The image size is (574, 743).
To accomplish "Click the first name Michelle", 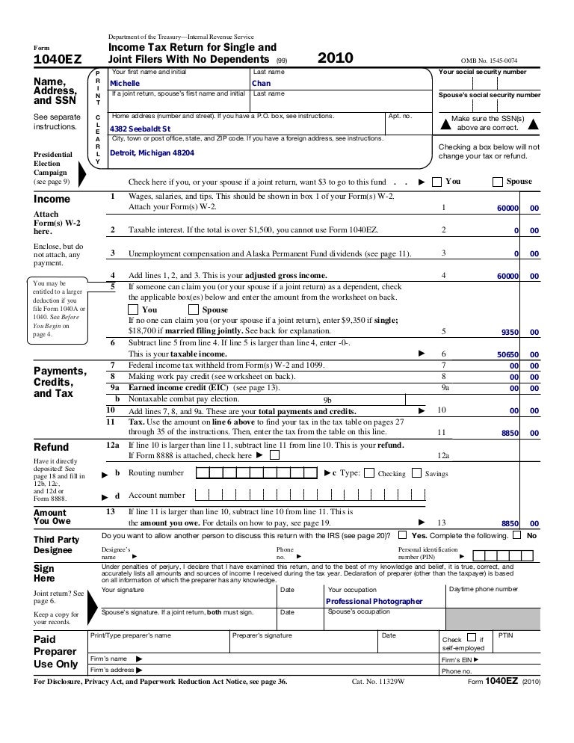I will point(125,84).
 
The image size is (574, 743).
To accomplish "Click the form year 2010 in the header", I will point(336,58).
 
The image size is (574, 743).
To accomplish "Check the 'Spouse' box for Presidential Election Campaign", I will point(498,182).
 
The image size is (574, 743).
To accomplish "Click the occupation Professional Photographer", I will point(374,601).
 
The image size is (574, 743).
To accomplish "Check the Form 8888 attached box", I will point(275,454).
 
